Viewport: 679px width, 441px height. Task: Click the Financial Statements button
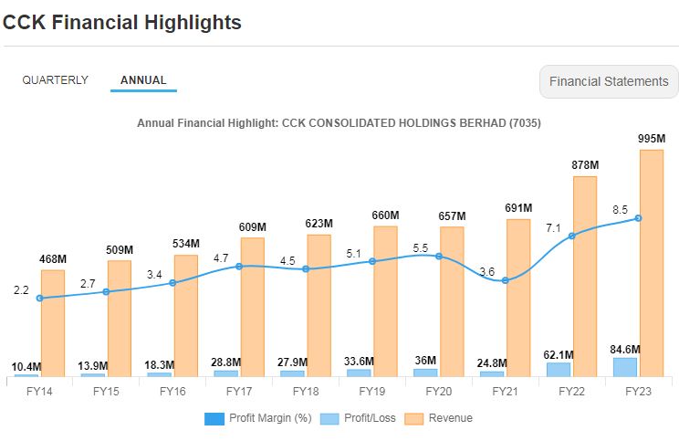pyautogui.click(x=609, y=81)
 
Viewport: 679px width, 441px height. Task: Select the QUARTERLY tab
pyautogui.click(x=56, y=80)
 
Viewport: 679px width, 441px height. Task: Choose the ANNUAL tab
pyautogui.click(x=143, y=80)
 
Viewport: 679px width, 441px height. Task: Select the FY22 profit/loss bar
pyautogui.click(x=559, y=369)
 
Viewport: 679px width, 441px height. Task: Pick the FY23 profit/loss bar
pyautogui.click(x=625, y=367)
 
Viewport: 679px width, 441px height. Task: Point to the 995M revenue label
pyautogui.click(x=652, y=139)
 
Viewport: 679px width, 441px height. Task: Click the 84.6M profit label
pyautogui.click(x=625, y=349)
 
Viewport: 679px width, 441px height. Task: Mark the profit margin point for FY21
pyautogui.click(x=506, y=280)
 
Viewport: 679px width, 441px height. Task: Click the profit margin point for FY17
pyautogui.click(x=239, y=266)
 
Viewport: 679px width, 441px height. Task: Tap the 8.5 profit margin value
pyautogui.click(x=621, y=209)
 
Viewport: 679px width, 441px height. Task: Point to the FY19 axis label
pyautogui.click(x=372, y=391)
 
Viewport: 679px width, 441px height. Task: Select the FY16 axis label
pyautogui.click(x=172, y=391)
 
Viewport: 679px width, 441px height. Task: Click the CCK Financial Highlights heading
pyautogui.click(x=122, y=23)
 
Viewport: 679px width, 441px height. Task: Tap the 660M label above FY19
pyautogui.click(x=385, y=215)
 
